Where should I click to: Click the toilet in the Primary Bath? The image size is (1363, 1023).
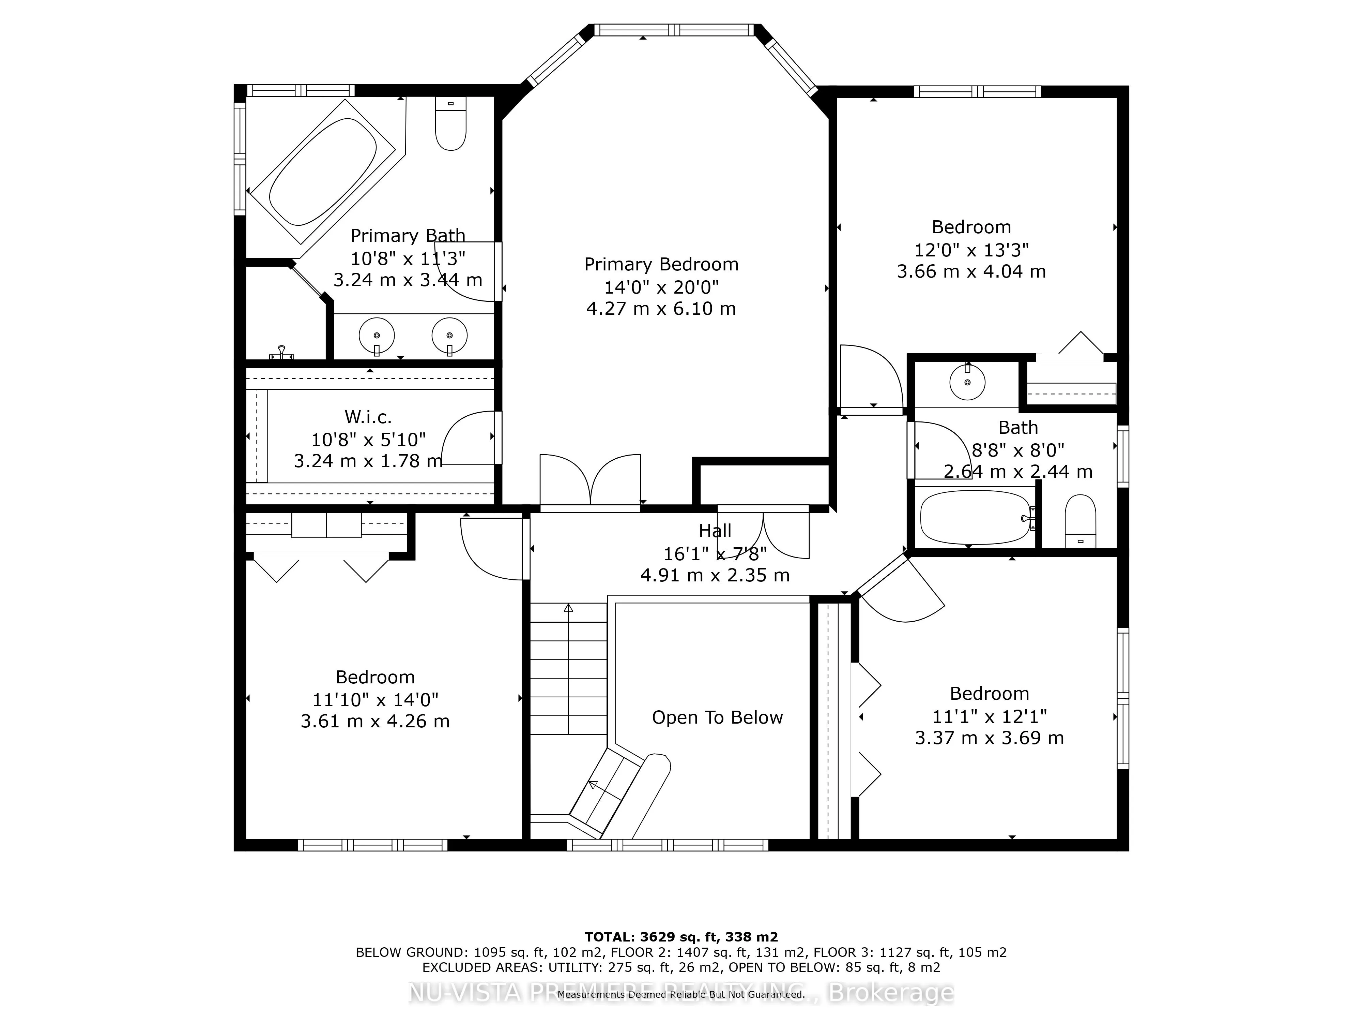click(450, 123)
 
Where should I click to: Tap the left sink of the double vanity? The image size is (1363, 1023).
click(377, 336)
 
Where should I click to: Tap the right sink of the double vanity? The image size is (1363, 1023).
click(449, 336)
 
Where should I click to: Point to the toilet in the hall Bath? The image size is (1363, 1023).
click(1081, 521)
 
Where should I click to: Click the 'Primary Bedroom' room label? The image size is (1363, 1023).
click(661, 265)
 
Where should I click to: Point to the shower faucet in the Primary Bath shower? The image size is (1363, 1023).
click(281, 352)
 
